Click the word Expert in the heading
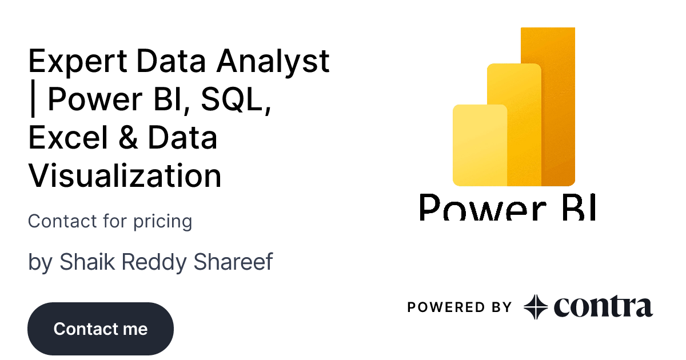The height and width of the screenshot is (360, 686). pyautogui.click(x=78, y=62)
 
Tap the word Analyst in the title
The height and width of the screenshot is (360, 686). pyautogui.click(x=273, y=62)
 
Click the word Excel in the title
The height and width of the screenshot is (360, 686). pyautogui.click(x=68, y=137)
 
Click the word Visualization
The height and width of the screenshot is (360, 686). pyautogui.click(x=125, y=175)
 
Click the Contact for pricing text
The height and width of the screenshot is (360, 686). pyautogui.click(x=110, y=221)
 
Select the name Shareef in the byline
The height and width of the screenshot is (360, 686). pyautogui.click(x=233, y=262)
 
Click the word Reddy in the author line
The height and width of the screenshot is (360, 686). pyautogui.click(x=154, y=262)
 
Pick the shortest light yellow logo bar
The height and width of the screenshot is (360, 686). pyautogui.click(x=480, y=145)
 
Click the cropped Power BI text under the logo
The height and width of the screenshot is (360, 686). pyautogui.click(x=508, y=207)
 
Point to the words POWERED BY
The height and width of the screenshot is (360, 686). pyautogui.click(x=460, y=307)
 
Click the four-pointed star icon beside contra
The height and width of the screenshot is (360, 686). pyautogui.click(x=536, y=307)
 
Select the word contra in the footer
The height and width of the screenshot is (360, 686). pyautogui.click(x=603, y=306)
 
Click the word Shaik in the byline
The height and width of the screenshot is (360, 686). pyautogui.click(x=87, y=262)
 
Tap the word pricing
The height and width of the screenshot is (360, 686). pyautogui.click(x=162, y=222)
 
